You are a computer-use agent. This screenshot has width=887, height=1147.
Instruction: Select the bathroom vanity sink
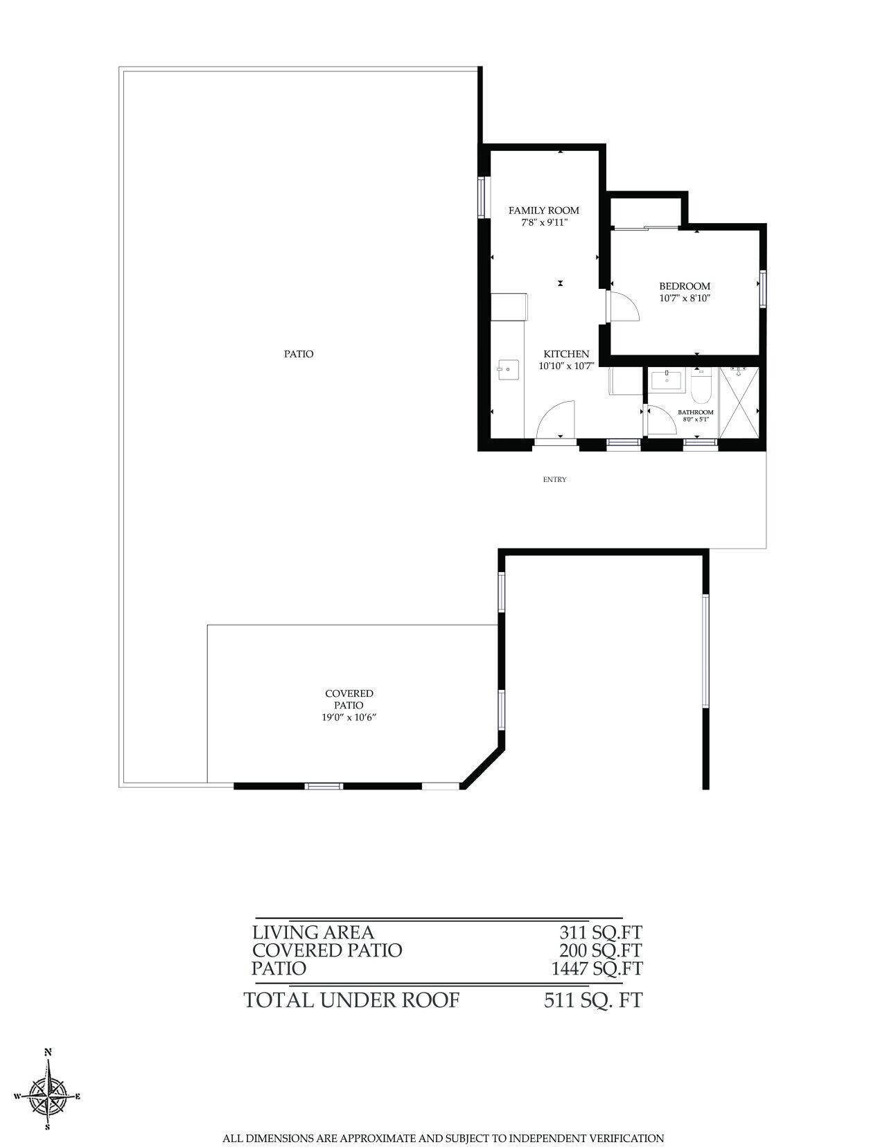pyautogui.click(x=666, y=380)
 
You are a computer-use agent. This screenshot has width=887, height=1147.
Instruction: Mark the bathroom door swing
pyautogui.click(x=661, y=420)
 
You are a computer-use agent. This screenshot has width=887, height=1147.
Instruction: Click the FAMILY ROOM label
pyautogui.click(x=543, y=211)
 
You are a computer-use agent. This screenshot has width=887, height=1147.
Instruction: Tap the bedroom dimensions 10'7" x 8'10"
pyautogui.click(x=685, y=299)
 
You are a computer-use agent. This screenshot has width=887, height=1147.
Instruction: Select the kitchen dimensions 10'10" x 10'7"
pyautogui.click(x=567, y=366)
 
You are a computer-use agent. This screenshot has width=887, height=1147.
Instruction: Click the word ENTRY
pyautogui.click(x=554, y=479)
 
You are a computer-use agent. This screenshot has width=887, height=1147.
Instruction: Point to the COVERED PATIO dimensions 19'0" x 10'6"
pyautogui.click(x=349, y=718)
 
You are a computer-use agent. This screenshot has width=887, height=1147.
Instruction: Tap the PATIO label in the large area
pyautogui.click(x=299, y=354)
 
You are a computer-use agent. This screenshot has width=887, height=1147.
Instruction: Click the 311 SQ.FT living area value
pyautogui.click(x=601, y=932)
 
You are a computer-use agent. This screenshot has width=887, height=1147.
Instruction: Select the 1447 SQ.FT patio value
pyautogui.click(x=597, y=968)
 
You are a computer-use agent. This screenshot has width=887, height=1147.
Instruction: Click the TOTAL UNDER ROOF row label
pyautogui.click(x=351, y=1000)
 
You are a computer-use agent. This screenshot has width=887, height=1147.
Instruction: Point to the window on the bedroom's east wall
pyautogui.click(x=762, y=288)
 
